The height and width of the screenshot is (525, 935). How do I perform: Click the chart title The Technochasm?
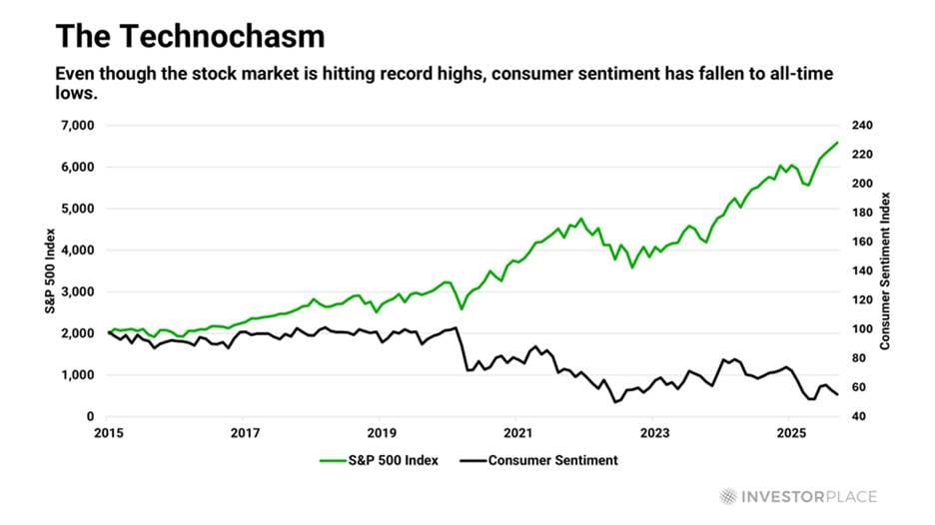click(x=190, y=36)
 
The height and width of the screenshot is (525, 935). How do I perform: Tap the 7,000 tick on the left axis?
click(x=77, y=126)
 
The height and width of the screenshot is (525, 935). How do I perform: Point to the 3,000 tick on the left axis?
click(x=77, y=292)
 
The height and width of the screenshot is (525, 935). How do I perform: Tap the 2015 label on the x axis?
click(x=108, y=433)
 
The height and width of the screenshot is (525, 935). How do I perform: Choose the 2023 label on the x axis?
click(x=654, y=433)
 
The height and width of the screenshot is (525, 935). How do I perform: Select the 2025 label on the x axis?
click(x=791, y=433)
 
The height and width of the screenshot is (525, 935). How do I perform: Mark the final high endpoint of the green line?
click(x=837, y=143)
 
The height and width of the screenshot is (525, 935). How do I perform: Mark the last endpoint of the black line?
click(x=837, y=395)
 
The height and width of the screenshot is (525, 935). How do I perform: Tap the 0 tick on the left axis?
click(x=90, y=416)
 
